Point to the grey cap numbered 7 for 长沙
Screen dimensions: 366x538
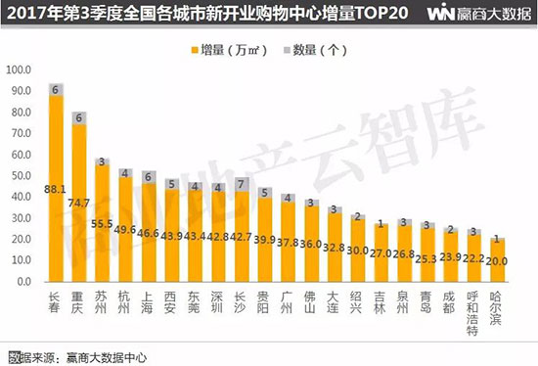[x=241, y=184]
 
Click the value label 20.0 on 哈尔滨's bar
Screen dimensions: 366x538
[x=497, y=261]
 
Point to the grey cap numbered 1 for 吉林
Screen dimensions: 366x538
[x=381, y=222]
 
